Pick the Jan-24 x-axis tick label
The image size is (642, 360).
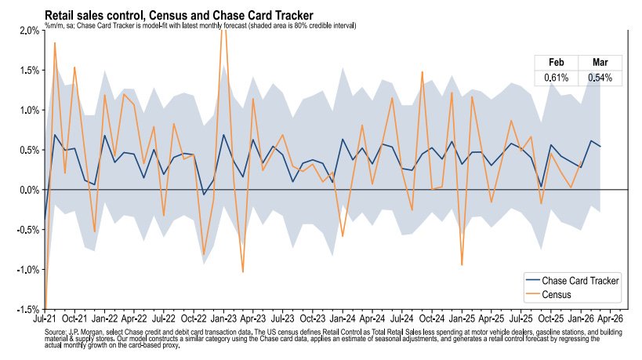click(x=343, y=319)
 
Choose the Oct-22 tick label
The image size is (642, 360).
click(x=194, y=319)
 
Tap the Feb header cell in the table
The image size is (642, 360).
click(x=556, y=63)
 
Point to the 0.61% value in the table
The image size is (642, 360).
click(x=556, y=78)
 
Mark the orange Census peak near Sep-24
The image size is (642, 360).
click(x=422, y=72)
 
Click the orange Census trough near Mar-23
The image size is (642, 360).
click(x=243, y=271)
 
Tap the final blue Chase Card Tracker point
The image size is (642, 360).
click(x=600, y=147)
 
